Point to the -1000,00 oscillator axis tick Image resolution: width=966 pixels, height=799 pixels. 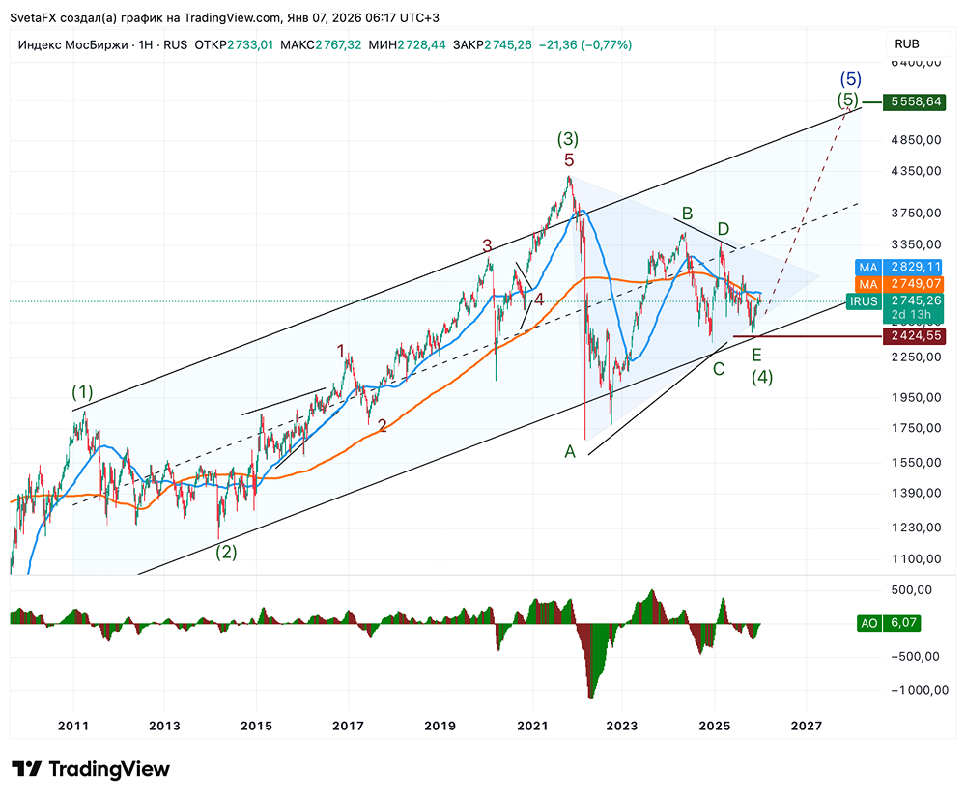click(915, 690)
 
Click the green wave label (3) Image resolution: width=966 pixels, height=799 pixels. click(567, 140)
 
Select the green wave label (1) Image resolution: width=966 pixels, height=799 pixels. click(82, 392)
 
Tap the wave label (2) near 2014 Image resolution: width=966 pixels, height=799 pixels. click(226, 553)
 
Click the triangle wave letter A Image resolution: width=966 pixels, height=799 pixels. click(571, 451)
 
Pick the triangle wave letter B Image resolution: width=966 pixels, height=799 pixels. click(688, 213)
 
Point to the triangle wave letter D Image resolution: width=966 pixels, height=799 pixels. click(723, 229)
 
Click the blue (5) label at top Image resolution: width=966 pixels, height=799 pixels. click(850, 79)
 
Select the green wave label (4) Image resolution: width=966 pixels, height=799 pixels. click(762, 378)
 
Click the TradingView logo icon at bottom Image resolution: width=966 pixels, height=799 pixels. click(27, 769)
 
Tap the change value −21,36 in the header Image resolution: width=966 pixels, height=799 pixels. click(554, 44)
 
